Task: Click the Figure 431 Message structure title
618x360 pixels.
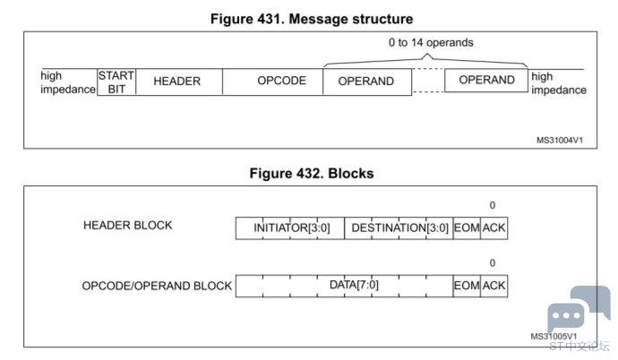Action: click(312, 19)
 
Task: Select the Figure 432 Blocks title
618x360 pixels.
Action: click(312, 174)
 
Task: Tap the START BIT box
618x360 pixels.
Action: click(116, 81)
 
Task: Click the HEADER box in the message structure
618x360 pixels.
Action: click(179, 81)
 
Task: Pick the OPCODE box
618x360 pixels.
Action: click(273, 81)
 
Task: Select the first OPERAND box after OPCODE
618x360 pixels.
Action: click(367, 81)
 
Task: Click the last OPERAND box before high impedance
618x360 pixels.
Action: click(486, 81)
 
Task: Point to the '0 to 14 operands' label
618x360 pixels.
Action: click(431, 43)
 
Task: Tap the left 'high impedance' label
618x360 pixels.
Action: click(68, 82)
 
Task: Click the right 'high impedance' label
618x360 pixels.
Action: click(559, 83)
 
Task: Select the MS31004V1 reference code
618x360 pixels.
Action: click(559, 141)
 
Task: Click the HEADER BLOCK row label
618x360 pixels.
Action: click(128, 226)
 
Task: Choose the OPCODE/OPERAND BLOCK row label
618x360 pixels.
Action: click(157, 286)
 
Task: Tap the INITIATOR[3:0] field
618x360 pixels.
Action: click(290, 228)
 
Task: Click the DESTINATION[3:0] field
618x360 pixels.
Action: click(399, 228)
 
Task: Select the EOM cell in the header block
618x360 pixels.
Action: click(467, 228)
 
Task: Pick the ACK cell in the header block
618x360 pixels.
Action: click(494, 228)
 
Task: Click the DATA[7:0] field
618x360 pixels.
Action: click(345, 286)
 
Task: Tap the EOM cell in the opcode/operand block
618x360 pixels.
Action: click(467, 286)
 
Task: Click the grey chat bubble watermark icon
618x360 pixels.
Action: click(579, 308)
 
